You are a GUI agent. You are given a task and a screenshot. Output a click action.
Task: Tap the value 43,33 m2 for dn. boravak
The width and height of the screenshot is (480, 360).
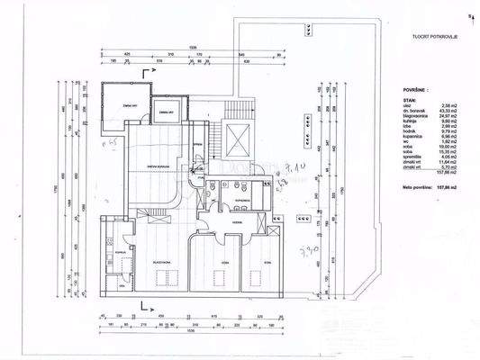445,111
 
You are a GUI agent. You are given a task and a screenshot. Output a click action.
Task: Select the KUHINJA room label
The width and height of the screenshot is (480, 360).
119,255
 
